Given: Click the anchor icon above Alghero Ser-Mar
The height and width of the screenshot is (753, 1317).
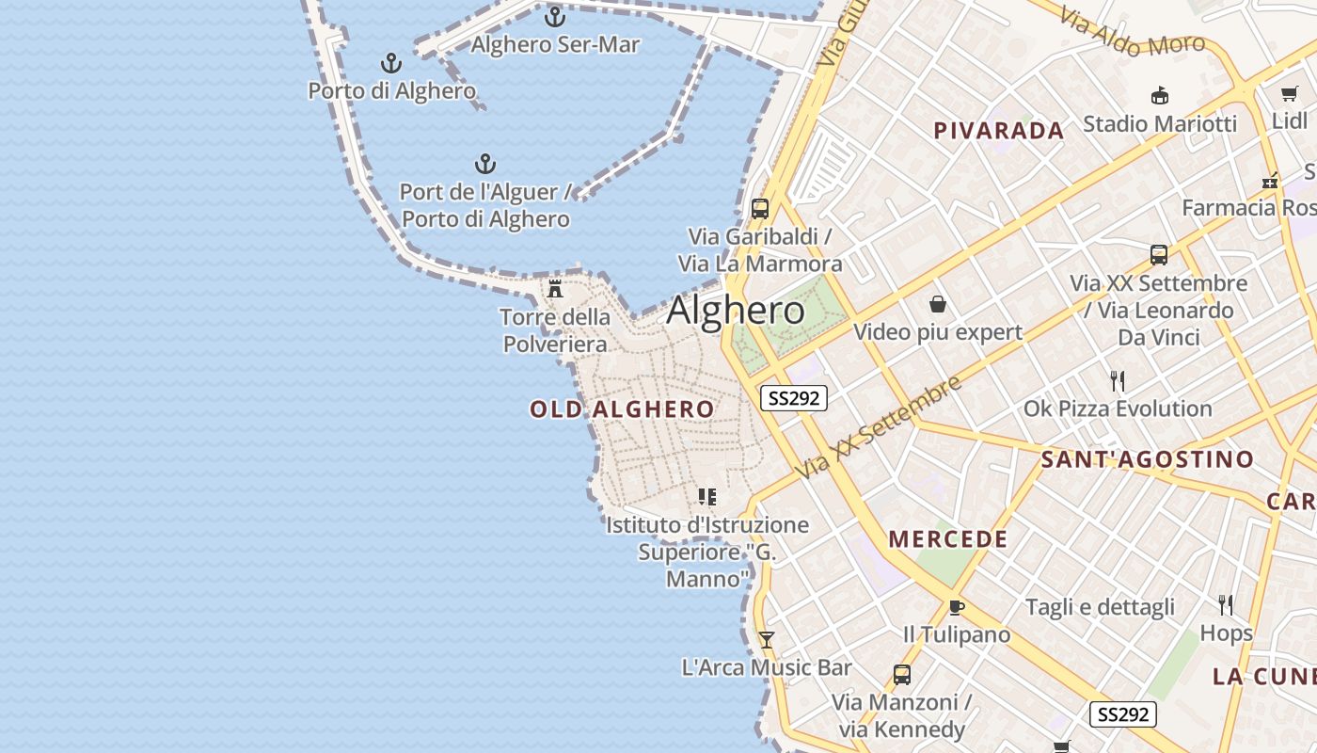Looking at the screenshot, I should pyautogui.click(x=555, y=16).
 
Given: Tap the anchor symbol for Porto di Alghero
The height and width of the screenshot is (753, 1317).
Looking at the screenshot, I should pyautogui.click(x=391, y=63).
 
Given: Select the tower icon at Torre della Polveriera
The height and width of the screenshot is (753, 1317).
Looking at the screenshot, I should pyautogui.click(x=555, y=288).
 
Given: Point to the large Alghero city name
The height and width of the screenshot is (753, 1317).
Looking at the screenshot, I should pyautogui.click(x=736, y=311).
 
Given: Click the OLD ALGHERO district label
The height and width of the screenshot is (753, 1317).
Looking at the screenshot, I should pyautogui.click(x=622, y=409).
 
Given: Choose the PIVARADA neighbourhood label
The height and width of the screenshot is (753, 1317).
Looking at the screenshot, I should pyautogui.click(x=998, y=131).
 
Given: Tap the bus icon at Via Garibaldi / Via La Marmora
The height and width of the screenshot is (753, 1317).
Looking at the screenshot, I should pyautogui.click(x=760, y=209).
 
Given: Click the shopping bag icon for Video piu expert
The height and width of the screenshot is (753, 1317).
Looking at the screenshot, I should pyautogui.click(x=938, y=304).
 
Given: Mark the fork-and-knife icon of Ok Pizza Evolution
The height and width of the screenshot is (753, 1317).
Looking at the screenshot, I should pyautogui.click(x=1118, y=381).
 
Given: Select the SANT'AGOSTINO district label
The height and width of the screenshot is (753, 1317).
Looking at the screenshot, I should pyautogui.click(x=1147, y=459).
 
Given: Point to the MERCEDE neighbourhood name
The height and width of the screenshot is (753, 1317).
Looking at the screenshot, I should pyautogui.click(x=948, y=539).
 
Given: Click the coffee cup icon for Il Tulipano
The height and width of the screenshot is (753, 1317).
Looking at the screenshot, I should pyautogui.click(x=957, y=607).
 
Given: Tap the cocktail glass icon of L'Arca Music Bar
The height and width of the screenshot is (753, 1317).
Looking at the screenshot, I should pyautogui.click(x=767, y=640).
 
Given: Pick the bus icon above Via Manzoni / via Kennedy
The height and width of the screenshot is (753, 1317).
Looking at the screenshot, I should pyautogui.click(x=901, y=675).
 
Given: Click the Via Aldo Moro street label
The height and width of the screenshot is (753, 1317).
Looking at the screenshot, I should pyautogui.click(x=1132, y=31).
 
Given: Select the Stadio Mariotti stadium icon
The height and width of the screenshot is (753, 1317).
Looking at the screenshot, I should pyautogui.click(x=1160, y=96).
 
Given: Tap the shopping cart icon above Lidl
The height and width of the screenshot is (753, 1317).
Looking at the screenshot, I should pyautogui.click(x=1289, y=94).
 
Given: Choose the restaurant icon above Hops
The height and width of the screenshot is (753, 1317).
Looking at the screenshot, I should pyautogui.click(x=1226, y=604).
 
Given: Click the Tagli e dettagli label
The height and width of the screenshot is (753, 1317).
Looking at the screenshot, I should pyautogui.click(x=1100, y=607).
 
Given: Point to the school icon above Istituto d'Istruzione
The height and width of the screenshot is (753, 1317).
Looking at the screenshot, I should pyautogui.click(x=707, y=497).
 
